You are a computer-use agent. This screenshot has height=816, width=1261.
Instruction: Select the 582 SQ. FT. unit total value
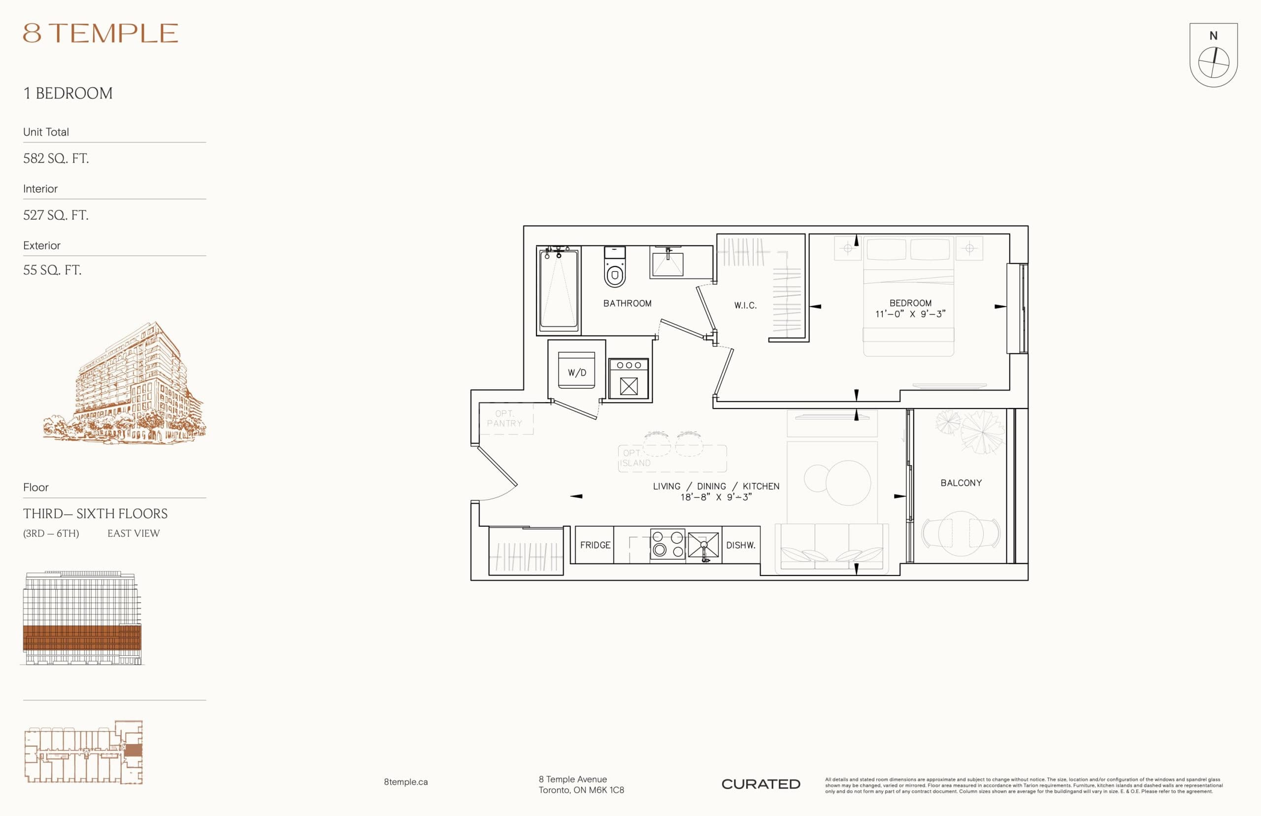[x=56, y=159]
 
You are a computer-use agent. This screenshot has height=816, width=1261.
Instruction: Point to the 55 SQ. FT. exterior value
[x=52, y=270]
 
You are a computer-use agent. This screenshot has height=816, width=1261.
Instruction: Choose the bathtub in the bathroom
[x=558, y=290]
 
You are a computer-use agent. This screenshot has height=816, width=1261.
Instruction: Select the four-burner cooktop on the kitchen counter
[x=667, y=544]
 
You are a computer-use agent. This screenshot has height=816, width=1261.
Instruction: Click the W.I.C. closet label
[x=745, y=305]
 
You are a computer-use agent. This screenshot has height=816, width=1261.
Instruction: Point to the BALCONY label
[x=961, y=483]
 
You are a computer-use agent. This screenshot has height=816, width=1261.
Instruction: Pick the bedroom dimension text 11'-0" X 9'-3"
[x=910, y=314]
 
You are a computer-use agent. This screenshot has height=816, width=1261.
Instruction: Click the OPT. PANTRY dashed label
[x=504, y=418]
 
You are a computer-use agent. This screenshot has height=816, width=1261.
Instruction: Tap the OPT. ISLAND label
[x=635, y=458]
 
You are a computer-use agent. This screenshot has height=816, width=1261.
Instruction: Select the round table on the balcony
[x=961, y=533]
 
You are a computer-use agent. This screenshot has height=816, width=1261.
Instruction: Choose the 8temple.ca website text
[x=406, y=782]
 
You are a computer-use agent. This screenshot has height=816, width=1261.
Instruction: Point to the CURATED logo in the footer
[x=761, y=784]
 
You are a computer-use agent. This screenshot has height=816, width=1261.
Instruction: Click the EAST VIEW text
[x=133, y=534]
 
